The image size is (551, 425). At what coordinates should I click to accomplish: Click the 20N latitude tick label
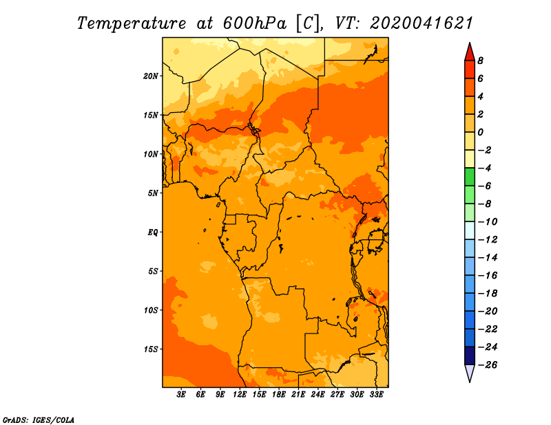pos(150,76)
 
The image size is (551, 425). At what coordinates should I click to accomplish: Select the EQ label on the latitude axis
pos(153,232)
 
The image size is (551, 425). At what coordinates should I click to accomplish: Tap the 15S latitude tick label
pos(151,349)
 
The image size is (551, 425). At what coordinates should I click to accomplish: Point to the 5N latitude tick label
pos(153,193)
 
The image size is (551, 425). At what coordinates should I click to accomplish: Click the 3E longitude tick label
pos(181,394)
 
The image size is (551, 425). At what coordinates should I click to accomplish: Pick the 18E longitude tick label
pos(279,394)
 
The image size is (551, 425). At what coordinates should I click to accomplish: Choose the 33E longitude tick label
pos(376,394)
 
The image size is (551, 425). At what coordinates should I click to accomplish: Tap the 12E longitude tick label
pos(240,394)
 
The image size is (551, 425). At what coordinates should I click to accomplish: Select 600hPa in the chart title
pos(254,23)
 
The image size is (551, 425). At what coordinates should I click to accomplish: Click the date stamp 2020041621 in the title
pos(422,23)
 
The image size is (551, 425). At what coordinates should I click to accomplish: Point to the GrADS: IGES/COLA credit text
pos(39,420)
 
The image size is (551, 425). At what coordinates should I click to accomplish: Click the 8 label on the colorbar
pos(480,61)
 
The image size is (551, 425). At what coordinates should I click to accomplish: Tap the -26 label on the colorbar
pos(488,365)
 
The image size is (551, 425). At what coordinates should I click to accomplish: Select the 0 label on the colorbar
pos(480,132)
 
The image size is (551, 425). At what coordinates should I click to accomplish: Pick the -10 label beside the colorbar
pos(488,222)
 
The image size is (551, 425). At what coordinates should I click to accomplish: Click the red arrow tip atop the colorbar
pos(470,43)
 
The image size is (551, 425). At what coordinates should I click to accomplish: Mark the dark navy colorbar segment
pos(470,356)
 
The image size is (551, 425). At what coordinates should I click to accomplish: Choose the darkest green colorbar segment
pos(470,177)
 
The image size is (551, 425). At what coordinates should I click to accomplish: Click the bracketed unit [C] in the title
pos(308,24)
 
